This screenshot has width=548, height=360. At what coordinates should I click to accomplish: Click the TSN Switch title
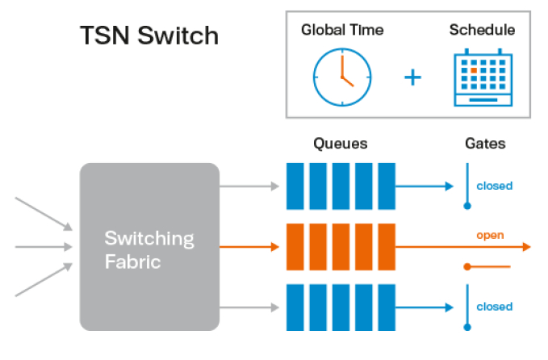click(x=149, y=36)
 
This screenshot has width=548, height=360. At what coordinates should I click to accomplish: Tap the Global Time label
click(x=341, y=31)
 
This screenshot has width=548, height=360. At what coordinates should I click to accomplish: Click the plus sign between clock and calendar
click(x=412, y=78)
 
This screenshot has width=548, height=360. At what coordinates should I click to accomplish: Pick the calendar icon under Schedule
click(x=483, y=77)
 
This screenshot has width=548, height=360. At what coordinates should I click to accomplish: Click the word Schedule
click(x=482, y=31)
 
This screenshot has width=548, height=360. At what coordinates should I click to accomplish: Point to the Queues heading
click(x=340, y=144)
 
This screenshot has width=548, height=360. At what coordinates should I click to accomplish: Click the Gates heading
click(x=485, y=144)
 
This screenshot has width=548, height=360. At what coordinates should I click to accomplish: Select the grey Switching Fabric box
click(x=149, y=246)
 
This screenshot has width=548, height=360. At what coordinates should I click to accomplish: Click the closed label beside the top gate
click(x=494, y=186)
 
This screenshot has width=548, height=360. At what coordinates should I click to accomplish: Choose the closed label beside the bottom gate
click(x=494, y=307)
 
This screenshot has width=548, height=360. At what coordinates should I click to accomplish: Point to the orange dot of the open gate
click(x=466, y=266)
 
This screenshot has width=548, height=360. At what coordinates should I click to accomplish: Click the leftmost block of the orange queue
click(x=295, y=246)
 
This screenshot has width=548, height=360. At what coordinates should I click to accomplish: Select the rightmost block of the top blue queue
click(x=387, y=186)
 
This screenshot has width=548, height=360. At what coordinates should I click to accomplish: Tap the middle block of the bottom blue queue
click(x=341, y=307)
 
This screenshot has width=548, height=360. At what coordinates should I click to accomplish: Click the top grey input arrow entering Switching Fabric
click(x=44, y=211)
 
